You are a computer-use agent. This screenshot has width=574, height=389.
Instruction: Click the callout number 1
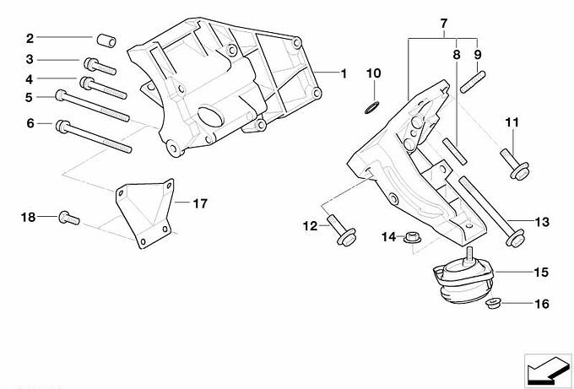coord(344,73)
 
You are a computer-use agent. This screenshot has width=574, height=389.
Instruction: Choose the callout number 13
coord(541,222)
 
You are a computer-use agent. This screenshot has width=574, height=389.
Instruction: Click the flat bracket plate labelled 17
coord(149,213)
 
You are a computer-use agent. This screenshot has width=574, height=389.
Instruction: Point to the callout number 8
coord(456,54)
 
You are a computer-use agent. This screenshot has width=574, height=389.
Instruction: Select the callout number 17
coord(200,203)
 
